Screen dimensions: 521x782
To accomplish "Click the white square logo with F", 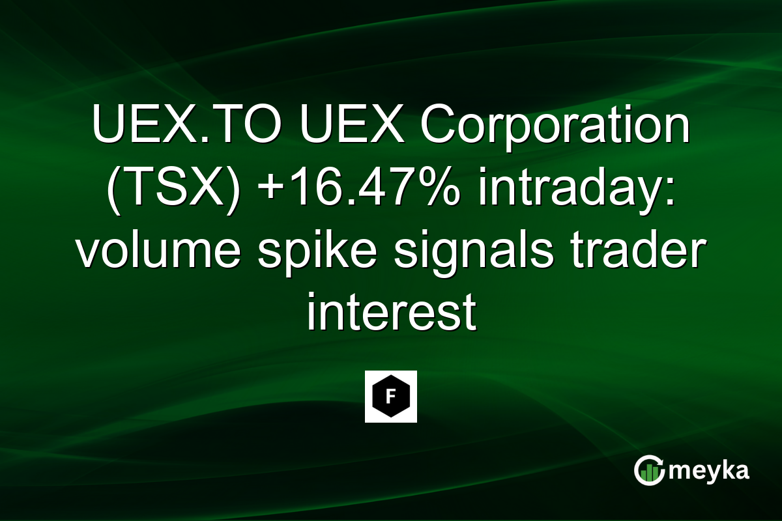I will click(x=391, y=397).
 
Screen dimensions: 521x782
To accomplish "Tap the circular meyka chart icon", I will click(x=649, y=471).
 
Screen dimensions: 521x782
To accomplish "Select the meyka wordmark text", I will click(x=709, y=471).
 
